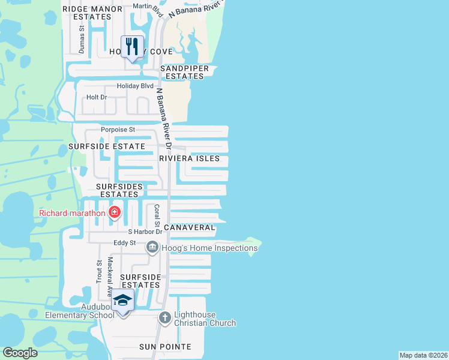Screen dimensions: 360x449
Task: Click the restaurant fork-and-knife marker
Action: [132, 47]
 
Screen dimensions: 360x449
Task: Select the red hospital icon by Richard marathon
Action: [114, 212]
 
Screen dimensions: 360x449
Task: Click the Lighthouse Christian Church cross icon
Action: [165, 317]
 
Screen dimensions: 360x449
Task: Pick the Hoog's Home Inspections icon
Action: [152, 247]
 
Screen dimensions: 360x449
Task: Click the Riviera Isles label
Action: [193, 158]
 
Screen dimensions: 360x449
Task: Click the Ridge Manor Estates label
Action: [92, 13]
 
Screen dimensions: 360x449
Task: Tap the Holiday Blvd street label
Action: [135, 86]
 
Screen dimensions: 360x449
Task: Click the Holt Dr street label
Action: [96, 97]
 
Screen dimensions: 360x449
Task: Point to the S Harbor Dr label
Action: [145, 232]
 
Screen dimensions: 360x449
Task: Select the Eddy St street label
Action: [125, 243]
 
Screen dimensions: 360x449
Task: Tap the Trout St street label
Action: [99, 271]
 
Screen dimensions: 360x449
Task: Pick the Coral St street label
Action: [156, 214]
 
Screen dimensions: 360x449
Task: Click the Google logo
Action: [20, 353]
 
